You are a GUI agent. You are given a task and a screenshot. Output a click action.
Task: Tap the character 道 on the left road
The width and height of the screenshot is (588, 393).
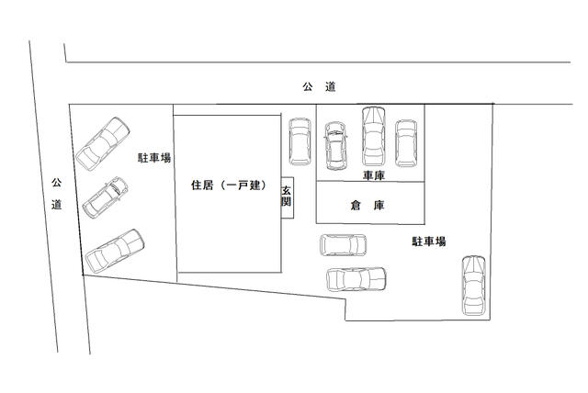(x=57, y=204)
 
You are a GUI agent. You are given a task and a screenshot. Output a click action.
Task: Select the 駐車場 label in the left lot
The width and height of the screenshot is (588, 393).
(x=154, y=158)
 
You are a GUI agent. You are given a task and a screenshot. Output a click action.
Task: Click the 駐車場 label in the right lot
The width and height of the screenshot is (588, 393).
(x=428, y=241)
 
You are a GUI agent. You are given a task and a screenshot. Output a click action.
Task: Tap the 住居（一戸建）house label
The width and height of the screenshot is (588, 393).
(x=228, y=185)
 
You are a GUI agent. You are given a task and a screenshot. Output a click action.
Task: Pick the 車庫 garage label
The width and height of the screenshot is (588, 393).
(x=372, y=174)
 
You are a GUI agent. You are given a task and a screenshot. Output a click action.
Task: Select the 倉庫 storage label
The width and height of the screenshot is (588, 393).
(x=367, y=207)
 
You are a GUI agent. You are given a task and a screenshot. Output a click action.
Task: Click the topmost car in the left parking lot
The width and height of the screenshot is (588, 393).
(x=102, y=143)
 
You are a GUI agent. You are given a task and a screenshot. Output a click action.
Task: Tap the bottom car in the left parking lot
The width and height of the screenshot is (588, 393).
(x=116, y=250)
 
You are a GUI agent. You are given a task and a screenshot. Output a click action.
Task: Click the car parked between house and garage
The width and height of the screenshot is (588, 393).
(x=300, y=140)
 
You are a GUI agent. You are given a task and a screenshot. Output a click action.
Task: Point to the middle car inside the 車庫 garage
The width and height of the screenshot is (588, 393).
(x=373, y=134)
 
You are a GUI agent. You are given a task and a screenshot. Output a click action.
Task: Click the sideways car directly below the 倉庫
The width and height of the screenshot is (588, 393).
(x=344, y=245)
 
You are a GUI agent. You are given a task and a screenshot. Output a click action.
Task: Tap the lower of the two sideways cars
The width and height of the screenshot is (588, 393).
(x=356, y=277)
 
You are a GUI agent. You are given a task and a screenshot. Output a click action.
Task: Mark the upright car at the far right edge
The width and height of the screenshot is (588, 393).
(x=473, y=285)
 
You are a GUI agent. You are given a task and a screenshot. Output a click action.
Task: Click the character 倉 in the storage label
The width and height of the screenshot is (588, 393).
(x=356, y=207)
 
